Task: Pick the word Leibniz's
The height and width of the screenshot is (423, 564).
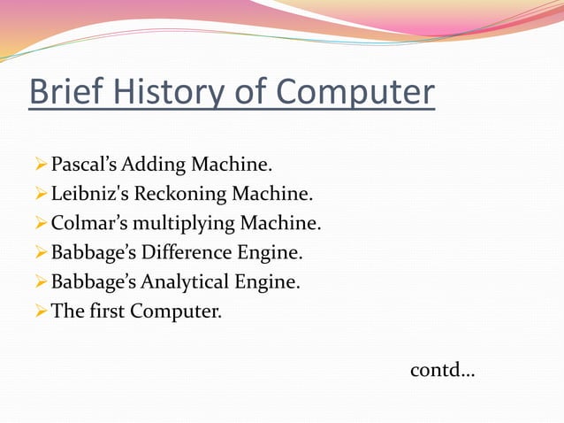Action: (90, 193)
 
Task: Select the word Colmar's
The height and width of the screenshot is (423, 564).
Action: (89, 223)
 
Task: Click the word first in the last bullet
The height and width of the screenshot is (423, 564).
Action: (106, 311)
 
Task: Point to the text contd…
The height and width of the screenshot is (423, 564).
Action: (442, 370)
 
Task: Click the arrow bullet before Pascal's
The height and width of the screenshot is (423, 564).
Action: (39, 164)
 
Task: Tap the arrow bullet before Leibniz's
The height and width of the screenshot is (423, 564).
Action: (39, 193)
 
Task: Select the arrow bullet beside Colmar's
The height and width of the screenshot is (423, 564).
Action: (39, 223)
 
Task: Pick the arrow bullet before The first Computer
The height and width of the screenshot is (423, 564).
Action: (39, 311)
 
